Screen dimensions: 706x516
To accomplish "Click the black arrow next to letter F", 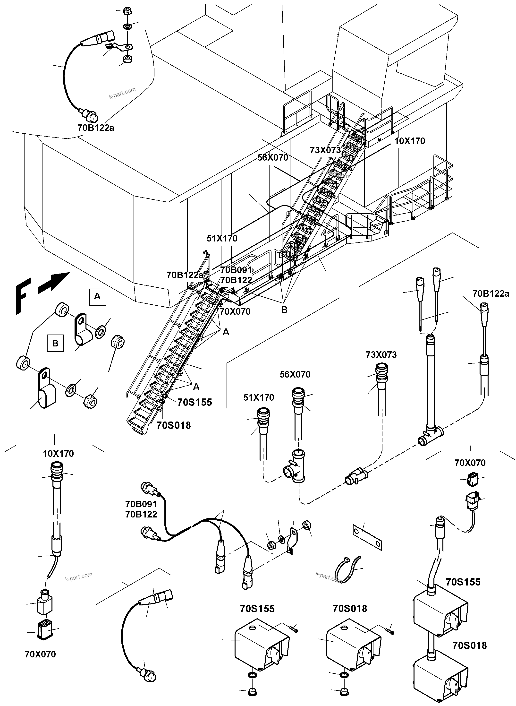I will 54,283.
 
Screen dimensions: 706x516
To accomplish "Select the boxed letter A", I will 97,297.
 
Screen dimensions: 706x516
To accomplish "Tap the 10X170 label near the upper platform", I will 409,141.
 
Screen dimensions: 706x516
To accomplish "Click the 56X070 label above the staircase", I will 272,157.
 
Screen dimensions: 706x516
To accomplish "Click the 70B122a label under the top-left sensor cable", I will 96,128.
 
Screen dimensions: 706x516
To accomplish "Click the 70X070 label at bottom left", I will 40,654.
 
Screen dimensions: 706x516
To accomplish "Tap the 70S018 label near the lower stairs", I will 173,425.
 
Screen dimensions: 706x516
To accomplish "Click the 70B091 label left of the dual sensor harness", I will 141,504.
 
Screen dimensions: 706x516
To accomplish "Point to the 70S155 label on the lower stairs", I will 194,402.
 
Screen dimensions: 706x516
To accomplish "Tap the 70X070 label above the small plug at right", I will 470,463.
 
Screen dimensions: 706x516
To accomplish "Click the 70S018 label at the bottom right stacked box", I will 469,645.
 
